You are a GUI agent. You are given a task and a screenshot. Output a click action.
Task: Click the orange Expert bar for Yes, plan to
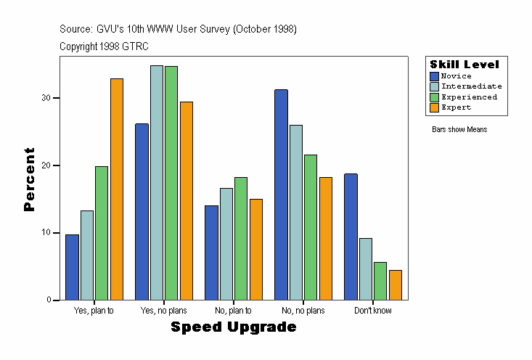point(117,189)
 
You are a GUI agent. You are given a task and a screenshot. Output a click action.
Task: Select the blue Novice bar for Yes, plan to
point(72,267)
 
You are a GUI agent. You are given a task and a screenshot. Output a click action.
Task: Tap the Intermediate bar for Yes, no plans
point(157,182)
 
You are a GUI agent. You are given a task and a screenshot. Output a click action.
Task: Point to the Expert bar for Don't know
point(396,285)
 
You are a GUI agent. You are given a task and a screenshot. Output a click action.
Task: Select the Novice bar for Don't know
point(351,237)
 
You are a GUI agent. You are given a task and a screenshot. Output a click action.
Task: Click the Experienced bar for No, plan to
point(241,238)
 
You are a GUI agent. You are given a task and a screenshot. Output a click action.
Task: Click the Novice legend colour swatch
point(434,76)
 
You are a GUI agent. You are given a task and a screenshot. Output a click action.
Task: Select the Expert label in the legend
point(457,107)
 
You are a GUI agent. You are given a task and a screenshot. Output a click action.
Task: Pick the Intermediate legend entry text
point(472,86)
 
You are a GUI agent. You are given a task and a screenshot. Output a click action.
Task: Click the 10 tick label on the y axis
point(46,233)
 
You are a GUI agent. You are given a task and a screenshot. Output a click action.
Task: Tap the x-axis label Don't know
point(373,311)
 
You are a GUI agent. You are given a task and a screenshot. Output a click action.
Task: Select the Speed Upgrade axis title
point(234,327)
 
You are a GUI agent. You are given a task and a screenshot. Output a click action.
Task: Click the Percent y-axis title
point(30,179)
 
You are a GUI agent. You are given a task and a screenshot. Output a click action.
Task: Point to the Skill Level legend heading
point(465,65)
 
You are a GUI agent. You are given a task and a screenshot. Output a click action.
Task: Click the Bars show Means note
point(459,129)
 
